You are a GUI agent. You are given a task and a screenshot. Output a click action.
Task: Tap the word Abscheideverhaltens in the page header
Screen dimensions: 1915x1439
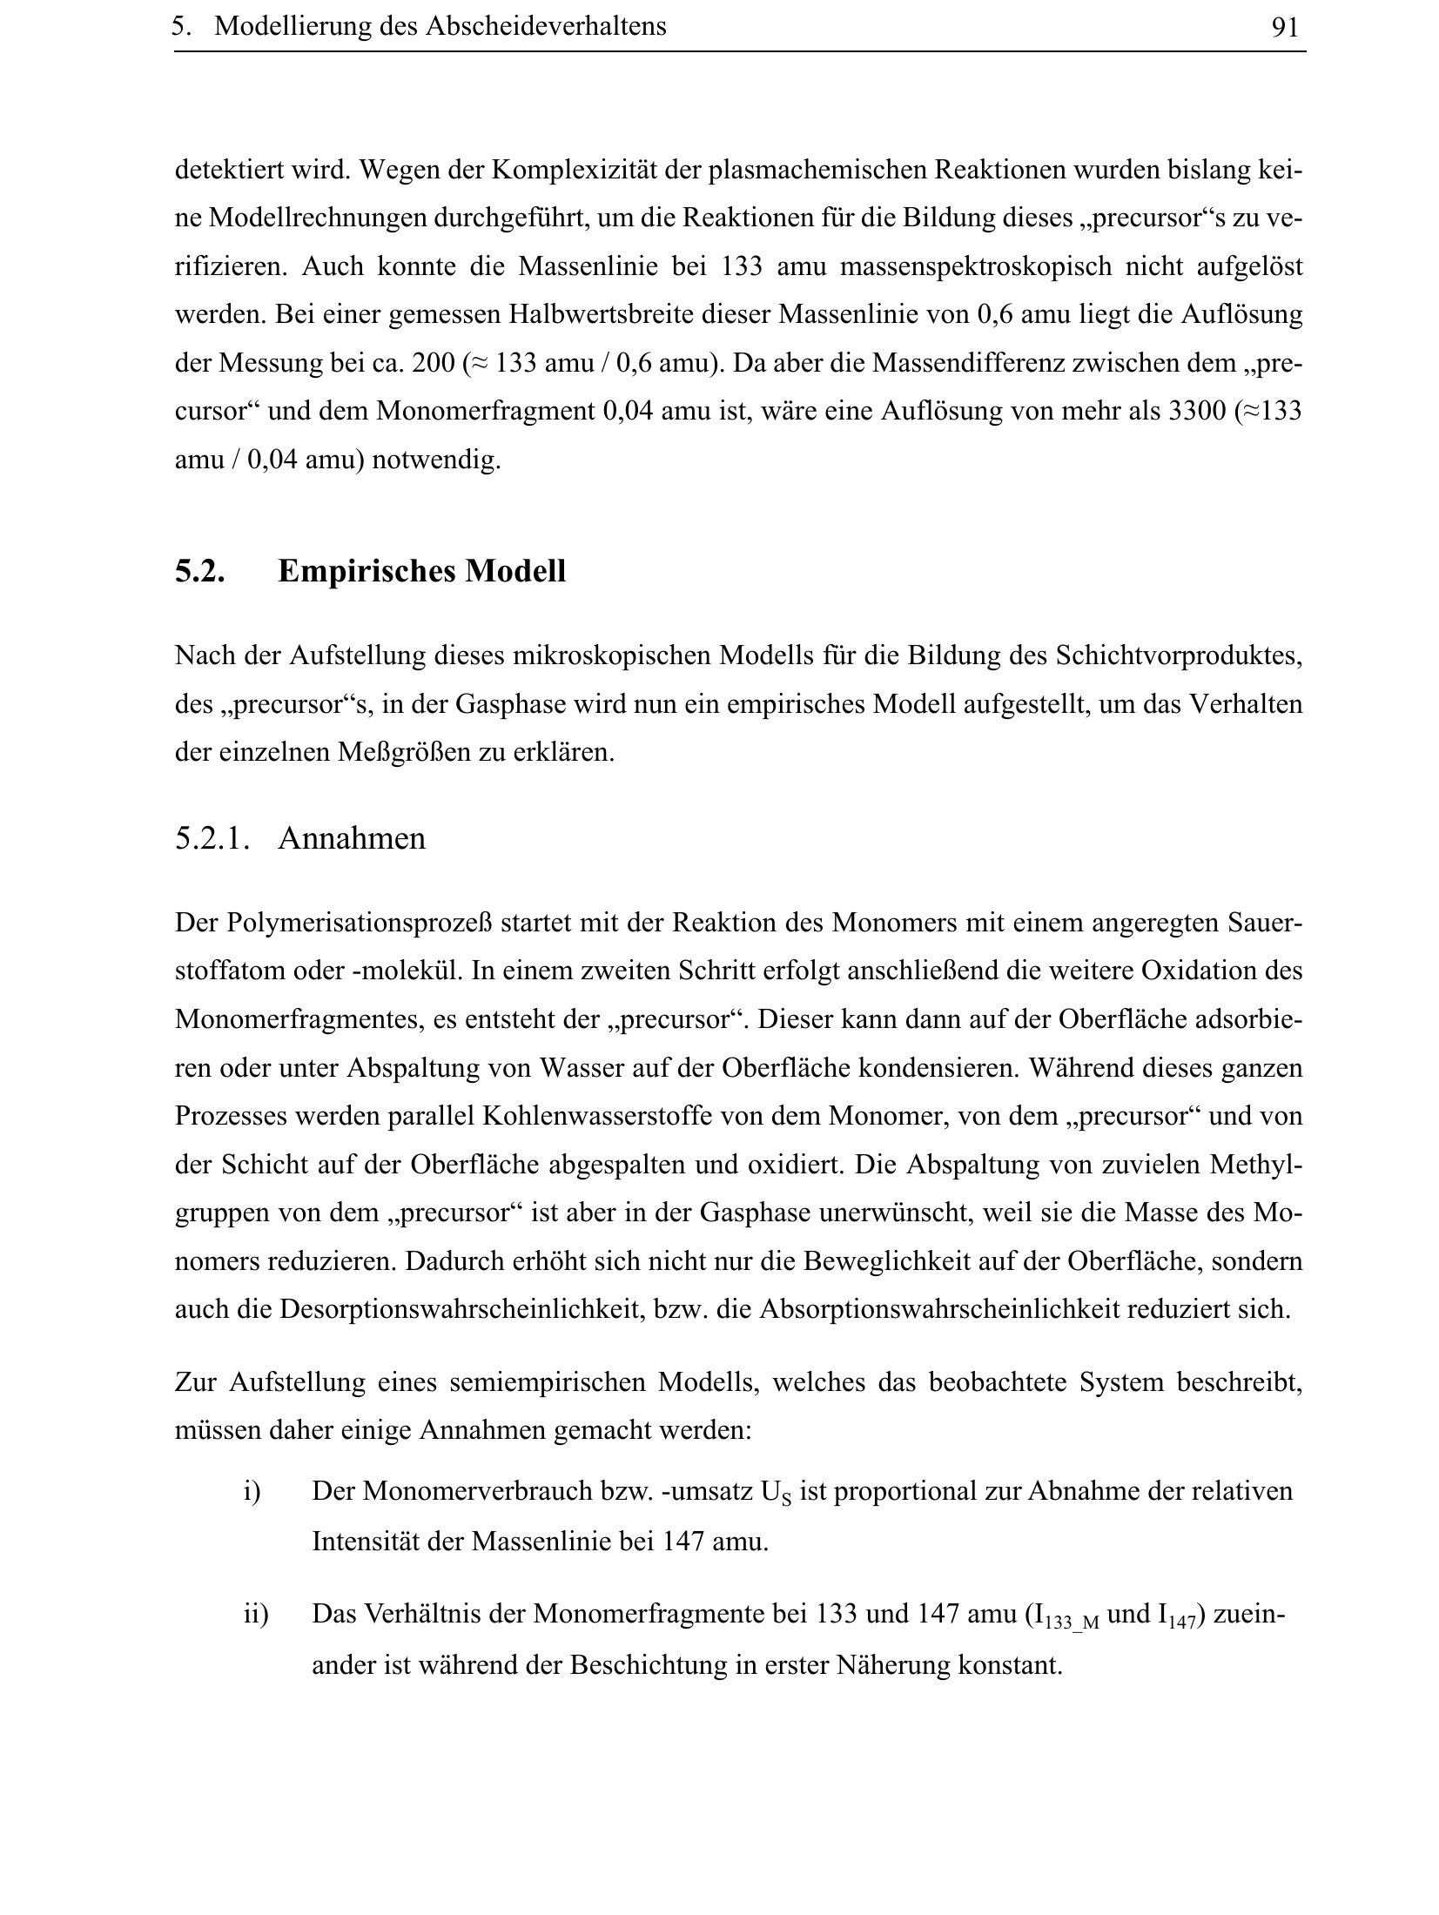[545, 27]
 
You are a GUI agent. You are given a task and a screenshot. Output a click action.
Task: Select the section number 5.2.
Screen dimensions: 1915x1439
[200, 572]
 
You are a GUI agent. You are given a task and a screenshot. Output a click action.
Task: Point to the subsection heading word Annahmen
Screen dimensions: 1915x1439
[352, 839]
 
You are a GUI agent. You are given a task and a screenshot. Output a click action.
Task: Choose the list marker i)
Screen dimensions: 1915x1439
[252, 1492]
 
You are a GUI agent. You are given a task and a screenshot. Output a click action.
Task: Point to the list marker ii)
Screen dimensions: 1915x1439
[256, 1615]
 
